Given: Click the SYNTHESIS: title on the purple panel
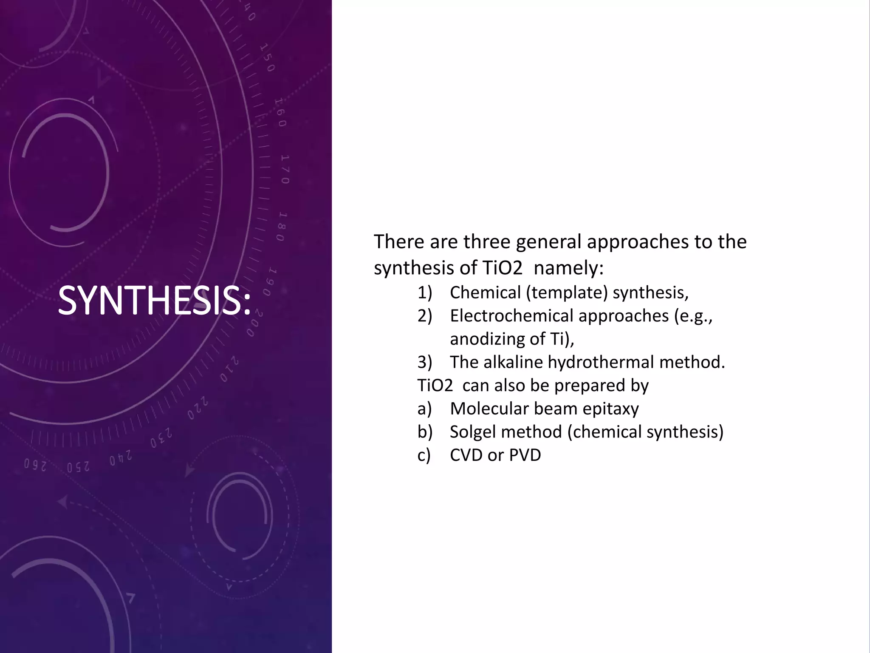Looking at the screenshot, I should [x=154, y=301].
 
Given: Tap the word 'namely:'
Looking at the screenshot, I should [x=568, y=268].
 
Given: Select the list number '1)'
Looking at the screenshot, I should [x=424, y=292].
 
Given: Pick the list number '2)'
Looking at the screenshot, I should [x=424, y=316].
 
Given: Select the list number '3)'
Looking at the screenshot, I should [x=424, y=362].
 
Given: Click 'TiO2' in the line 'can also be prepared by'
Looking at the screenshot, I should [x=435, y=386].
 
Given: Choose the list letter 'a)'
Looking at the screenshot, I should [x=424, y=409].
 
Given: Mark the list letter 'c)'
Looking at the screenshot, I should [x=424, y=455].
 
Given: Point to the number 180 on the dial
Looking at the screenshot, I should [x=280, y=226].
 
